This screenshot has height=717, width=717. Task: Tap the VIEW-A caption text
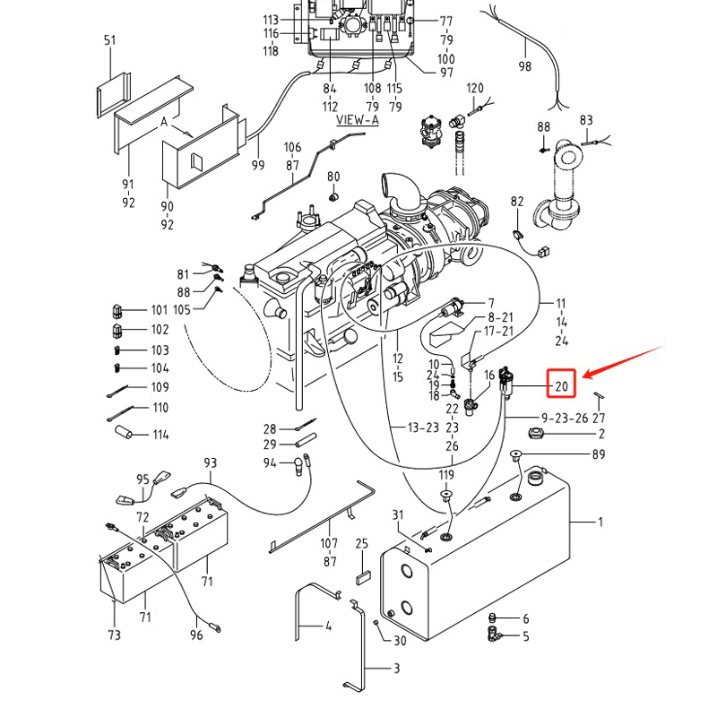(x=358, y=120)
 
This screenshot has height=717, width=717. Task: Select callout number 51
(x=109, y=40)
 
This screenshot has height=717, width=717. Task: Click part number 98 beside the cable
(x=525, y=66)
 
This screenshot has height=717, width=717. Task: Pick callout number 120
(x=475, y=88)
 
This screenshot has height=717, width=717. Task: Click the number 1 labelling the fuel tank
(x=600, y=522)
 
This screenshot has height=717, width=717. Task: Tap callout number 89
(x=598, y=454)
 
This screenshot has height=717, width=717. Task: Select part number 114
(x=160, y=435)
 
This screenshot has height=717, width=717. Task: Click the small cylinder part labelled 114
(x=123, y=432)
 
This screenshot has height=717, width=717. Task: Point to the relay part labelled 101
(x=117, y=311)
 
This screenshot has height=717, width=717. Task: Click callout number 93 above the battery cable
(x=211, y=463)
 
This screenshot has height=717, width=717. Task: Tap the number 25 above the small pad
(x=362, y=544)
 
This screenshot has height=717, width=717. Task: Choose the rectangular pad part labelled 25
(x=363, y=578)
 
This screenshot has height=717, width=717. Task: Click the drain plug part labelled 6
(x=492, y=618)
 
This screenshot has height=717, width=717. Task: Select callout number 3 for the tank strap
(x=396, y=669)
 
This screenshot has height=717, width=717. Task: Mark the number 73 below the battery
(x=115, y=635)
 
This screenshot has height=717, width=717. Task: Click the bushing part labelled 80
(x=333, y=197)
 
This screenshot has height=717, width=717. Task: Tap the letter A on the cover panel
(x=164, y=122)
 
